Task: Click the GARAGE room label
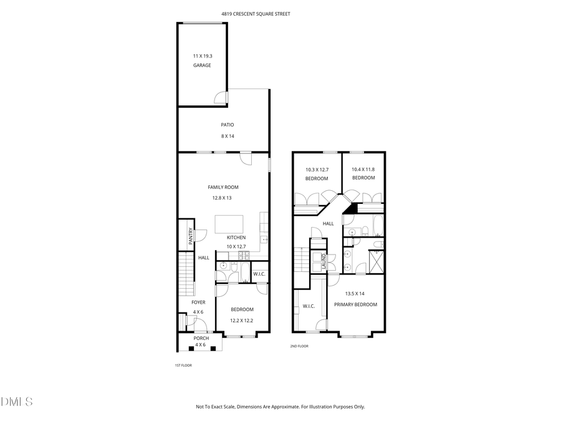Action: [x=202, y=65]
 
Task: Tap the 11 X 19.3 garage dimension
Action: [x=202, y=56]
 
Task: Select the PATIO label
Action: [x=227, y=125]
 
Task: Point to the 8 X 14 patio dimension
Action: [x=227, y=136]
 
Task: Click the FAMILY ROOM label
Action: [x=223, y=187]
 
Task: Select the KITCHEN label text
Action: [x=236, y=238]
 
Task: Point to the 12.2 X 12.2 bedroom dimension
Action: [x=242, y=321]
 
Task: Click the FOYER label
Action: [x=198, y=302]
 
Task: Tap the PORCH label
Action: [x=200, y=338]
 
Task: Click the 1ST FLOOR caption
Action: [x=183, y=365]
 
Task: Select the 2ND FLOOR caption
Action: [x=299, y=346]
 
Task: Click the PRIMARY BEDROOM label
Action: [x=356, y=304]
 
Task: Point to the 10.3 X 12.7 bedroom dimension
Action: [x=317, y=169]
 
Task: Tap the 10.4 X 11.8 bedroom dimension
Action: [x=363, y=169]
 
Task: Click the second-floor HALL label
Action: [x=328, y=223]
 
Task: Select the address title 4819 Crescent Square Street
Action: [x=256, y=14]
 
